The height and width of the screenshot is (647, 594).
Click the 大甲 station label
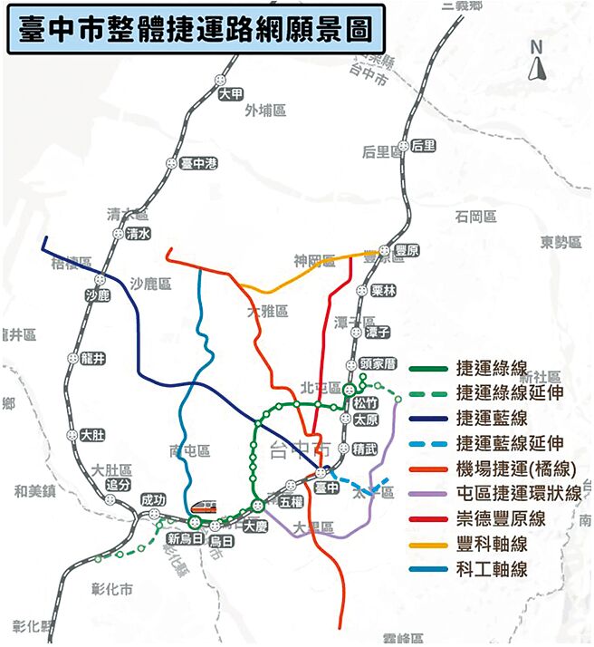[231, 93]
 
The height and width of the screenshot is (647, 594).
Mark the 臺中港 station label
[198, 164]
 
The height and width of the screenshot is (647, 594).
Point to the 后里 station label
[423, 146]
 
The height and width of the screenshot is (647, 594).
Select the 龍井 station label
[93, 359]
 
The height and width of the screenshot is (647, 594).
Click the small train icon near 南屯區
[204, 506]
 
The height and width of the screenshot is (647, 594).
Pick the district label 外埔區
[265, 111]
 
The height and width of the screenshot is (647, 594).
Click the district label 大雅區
[267, 311]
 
